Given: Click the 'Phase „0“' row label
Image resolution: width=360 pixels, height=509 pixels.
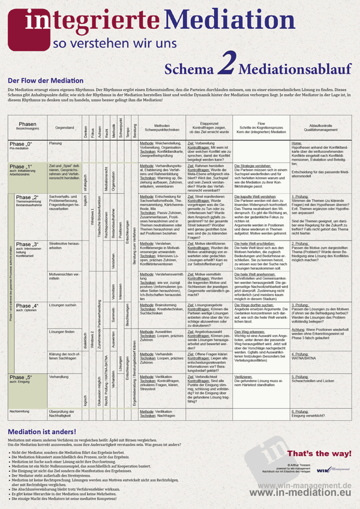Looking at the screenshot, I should [x=20, y=145].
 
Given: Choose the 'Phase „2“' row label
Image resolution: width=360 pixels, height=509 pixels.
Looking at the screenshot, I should [x=26, y=197].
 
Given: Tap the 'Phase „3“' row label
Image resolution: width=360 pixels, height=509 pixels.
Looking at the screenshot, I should [x=26, y=245].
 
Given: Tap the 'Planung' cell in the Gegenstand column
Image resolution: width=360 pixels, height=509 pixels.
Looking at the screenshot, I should [x=56, y=144].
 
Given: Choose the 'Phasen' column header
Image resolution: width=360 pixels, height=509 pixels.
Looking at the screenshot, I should [x=27, y=124].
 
